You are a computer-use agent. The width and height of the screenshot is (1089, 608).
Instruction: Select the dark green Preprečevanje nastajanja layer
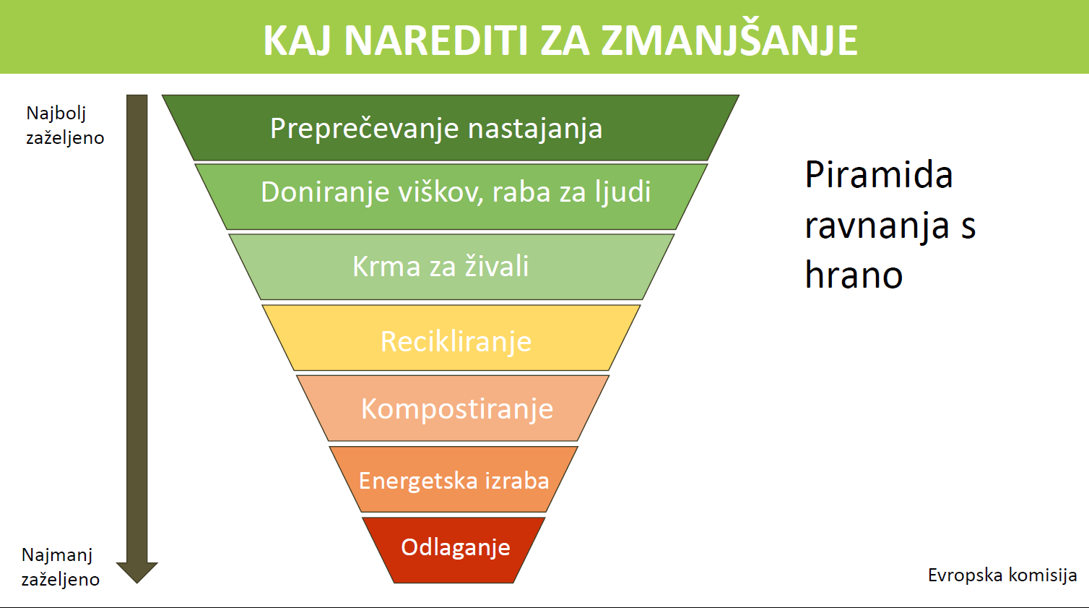pos(451,127)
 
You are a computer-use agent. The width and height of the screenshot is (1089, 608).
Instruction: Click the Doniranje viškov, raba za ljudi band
pos(451,197)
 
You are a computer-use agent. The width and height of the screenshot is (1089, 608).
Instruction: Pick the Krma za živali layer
pos(451,267)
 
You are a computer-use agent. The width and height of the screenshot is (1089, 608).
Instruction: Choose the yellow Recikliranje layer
pos(451,338)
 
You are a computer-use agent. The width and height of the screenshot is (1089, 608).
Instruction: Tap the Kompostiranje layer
pos(453,408)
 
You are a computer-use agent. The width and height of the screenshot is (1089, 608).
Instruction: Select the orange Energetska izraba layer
pos(454,479)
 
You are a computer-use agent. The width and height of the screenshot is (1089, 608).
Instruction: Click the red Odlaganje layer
pos(454,550)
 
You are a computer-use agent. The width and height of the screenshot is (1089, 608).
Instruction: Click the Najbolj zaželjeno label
pos(65,125)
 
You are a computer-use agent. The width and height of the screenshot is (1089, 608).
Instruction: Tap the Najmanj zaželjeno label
pos(60,567)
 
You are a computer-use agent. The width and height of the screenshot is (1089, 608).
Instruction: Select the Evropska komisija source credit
pos(1002,575)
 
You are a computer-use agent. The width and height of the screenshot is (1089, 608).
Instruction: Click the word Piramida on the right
pos(878,174)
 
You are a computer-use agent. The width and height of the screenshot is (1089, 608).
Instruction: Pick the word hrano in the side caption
pos(854,274)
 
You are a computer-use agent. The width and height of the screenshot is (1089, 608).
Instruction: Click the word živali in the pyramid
pos(497,266)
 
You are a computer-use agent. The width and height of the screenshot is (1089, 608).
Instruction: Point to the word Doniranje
pos(325,192)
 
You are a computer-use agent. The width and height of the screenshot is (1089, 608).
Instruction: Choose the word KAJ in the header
pos(298,40)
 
